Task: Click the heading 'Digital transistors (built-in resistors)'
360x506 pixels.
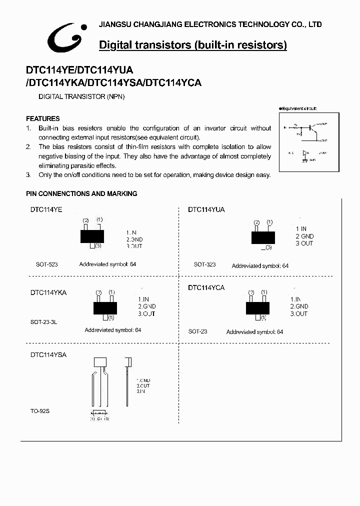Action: (193, 45)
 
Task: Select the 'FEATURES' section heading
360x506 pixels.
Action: (43, 118)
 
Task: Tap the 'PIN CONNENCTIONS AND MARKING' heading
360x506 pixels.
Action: (81, 193)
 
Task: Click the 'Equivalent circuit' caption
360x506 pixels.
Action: (298, 108)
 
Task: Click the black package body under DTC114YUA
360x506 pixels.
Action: (262, 237)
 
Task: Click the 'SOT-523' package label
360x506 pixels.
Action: (47, 264)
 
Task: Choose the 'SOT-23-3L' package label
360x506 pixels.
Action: (44, 322)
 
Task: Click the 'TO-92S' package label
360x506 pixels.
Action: (40, 411)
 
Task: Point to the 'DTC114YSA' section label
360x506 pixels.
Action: (48, 354)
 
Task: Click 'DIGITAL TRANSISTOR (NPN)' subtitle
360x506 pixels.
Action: (81, 96)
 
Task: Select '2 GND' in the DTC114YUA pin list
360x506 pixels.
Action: (304, 236)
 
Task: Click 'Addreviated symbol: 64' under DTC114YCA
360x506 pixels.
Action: (254, 332)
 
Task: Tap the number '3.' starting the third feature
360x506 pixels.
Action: (28, 175)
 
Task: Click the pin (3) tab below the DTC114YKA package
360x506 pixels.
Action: (105, 317)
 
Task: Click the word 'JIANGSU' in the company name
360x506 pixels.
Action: (114, 24)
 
